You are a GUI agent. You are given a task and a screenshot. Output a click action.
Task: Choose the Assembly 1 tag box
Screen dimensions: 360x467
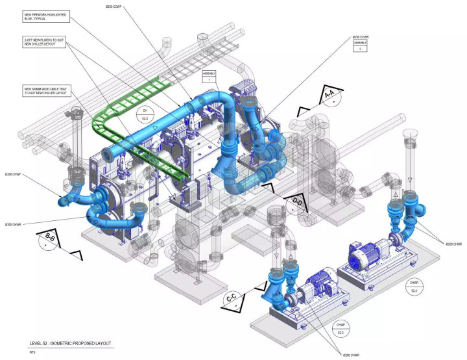tap(210, 76)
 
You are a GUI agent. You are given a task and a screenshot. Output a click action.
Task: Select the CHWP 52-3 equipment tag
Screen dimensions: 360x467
tap(413, 287)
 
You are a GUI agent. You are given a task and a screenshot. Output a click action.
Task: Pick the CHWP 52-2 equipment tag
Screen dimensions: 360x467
tap(340, 328)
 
